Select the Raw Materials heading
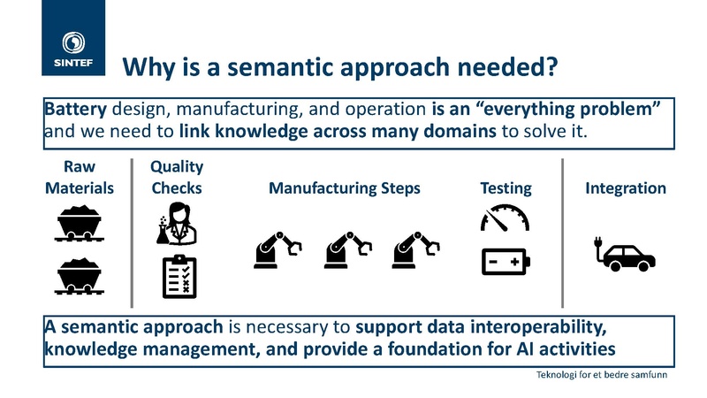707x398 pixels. coord(80,177)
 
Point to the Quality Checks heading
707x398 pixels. coord(177,177)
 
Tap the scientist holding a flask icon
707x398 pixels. coord(177,224)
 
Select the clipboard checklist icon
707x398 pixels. coord(179,276)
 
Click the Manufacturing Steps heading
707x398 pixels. coord(345,188)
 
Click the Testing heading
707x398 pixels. coord(506,188)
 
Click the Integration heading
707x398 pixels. coord(626,188)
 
